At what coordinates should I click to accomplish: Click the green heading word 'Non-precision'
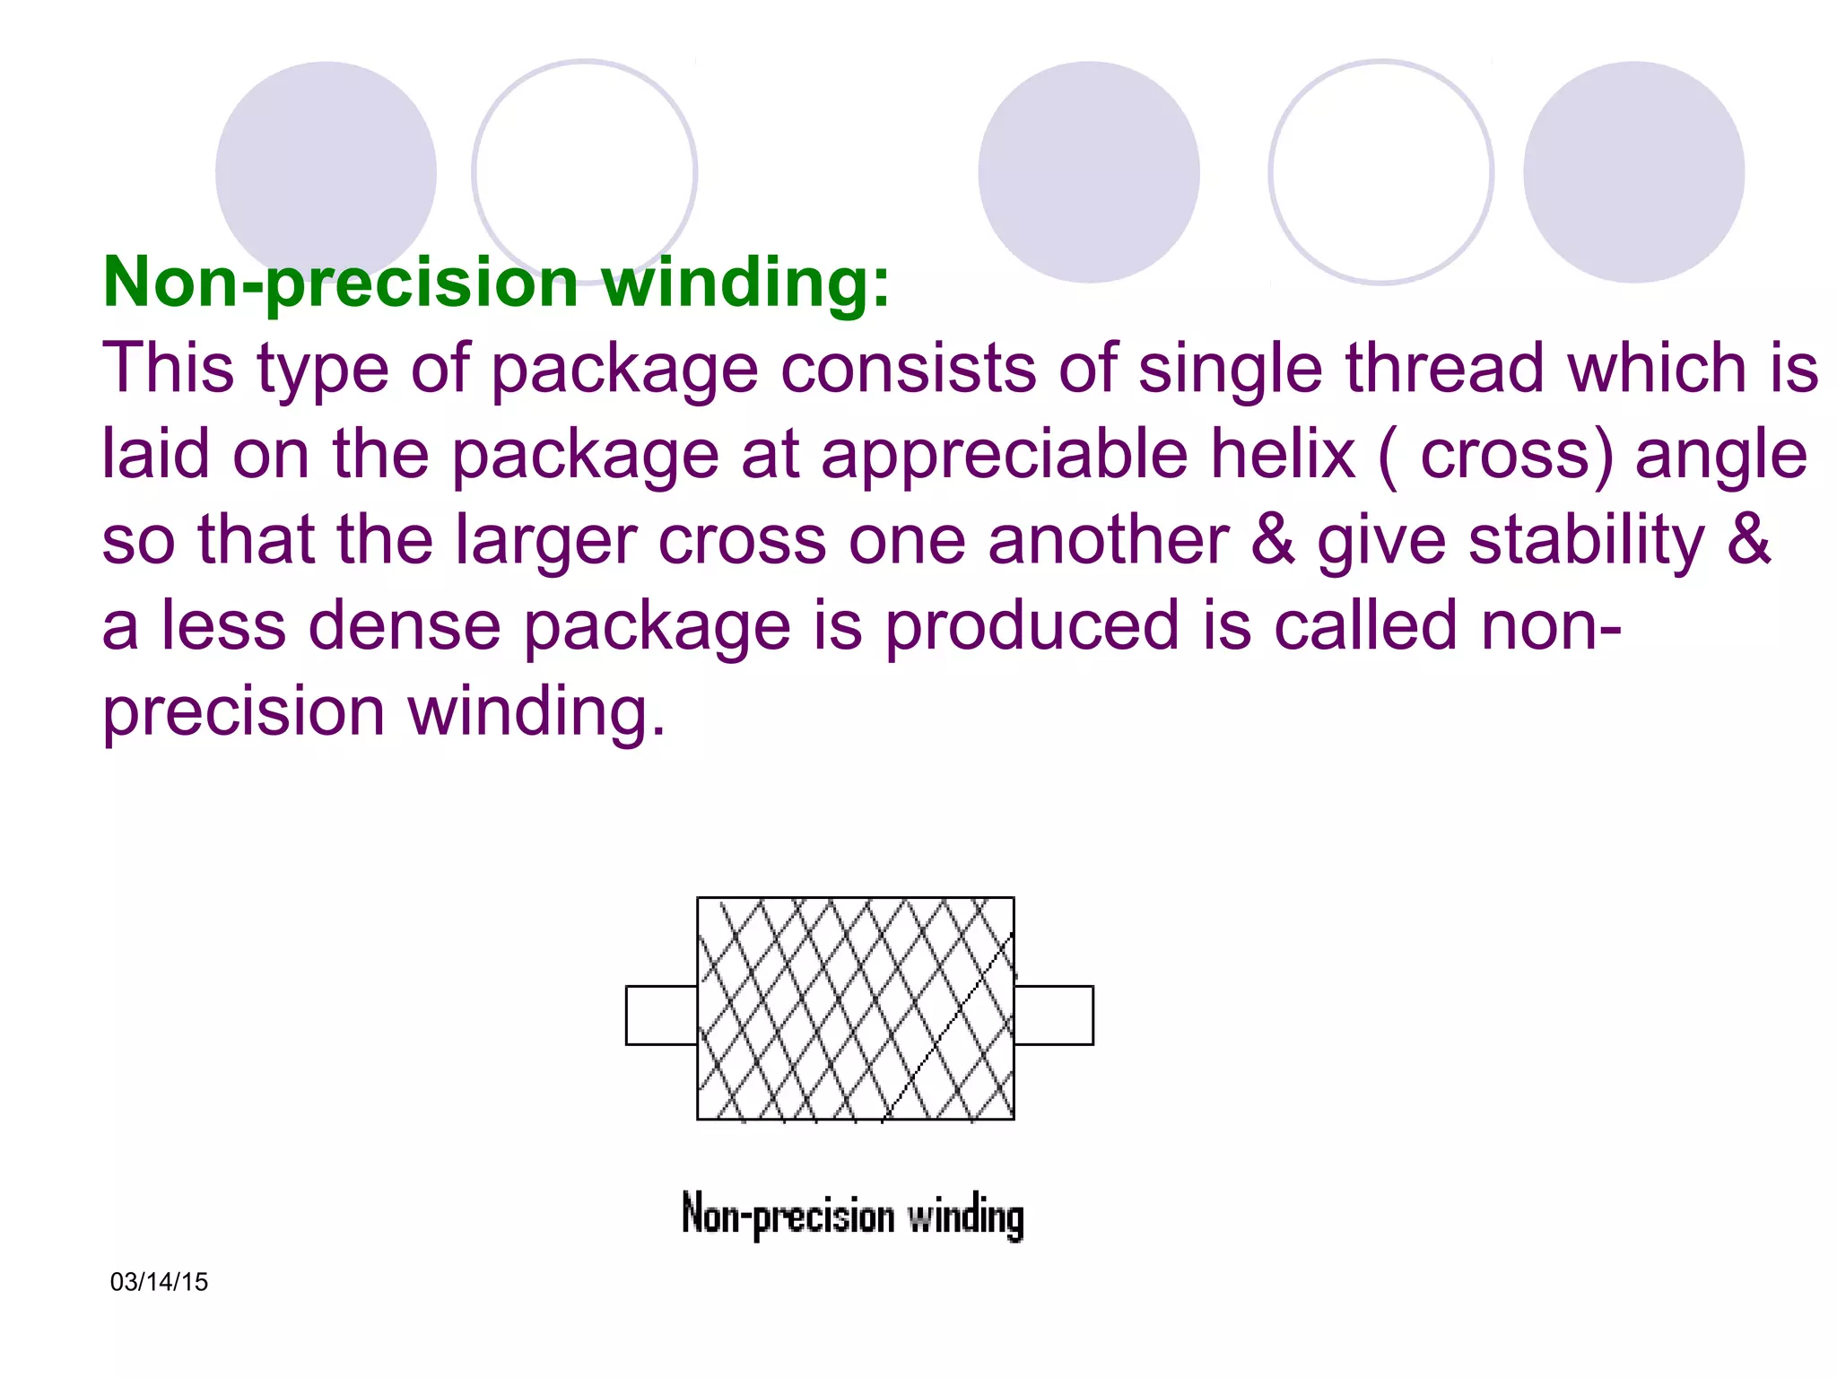[x=341, y=283]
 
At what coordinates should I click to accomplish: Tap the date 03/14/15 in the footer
[x=159, y=1282]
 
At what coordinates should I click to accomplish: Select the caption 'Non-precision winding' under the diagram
[x=852, y=1217]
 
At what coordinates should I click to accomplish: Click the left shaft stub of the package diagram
[x=661, y=1016]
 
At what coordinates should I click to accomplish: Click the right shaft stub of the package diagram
[x=1054, y=1016]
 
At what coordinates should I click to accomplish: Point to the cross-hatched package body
[x=856, y=1008]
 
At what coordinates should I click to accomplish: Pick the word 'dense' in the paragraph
[x=405, y=625]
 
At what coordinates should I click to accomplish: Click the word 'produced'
[x=1032, y=627]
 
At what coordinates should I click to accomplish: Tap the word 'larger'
[x=551, y=542]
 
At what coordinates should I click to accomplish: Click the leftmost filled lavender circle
[x=326, y=170]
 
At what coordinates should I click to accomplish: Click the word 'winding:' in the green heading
[x=745, y=283]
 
